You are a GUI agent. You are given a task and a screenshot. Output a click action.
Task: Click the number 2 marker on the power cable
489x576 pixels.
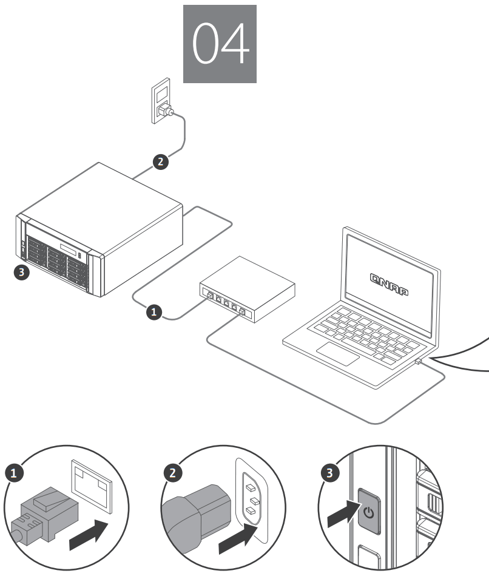pyautogui.click(x=160, y=161)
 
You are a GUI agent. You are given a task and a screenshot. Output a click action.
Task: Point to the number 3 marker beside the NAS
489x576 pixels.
pyautogui.click(x=21, y=272)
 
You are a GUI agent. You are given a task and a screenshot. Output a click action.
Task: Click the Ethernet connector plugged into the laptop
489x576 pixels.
pyautogui.click(x=419, y=361)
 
